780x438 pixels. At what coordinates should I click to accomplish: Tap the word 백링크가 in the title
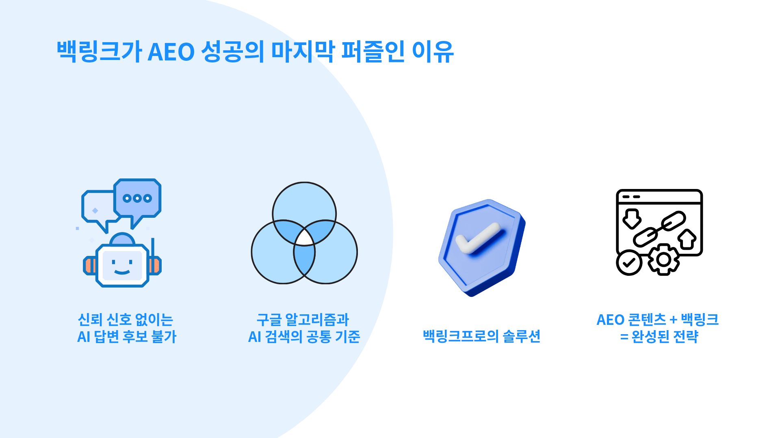(x=99, y=52)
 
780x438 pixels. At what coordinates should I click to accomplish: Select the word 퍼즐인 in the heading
(x=373, y=52)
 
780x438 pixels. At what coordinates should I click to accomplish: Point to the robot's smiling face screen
(x=122, y=266)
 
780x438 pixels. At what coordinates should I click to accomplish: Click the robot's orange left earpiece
(x=90, y=266)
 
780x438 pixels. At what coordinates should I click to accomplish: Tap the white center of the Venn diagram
(x=304, y=238)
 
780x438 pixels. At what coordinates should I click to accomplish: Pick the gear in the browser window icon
(x=663, y=260)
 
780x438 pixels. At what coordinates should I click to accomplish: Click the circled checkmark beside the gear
(x=629, y=262)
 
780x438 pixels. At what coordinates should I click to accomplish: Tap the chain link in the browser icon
(x=659, y=229)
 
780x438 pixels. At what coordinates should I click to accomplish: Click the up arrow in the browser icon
(x=687, y=239)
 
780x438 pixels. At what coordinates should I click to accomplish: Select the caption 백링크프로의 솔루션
(x=481, y=336)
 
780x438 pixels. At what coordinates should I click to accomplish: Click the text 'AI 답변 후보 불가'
(x=127, y=337)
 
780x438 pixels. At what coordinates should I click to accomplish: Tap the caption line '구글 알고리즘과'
(x=303, y=320)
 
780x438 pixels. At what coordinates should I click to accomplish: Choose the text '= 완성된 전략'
(x=659, y=337)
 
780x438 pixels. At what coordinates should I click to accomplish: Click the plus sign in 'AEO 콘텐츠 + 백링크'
(x=674, y=320)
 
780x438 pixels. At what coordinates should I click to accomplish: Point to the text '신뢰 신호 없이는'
(x=126, y=320)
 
